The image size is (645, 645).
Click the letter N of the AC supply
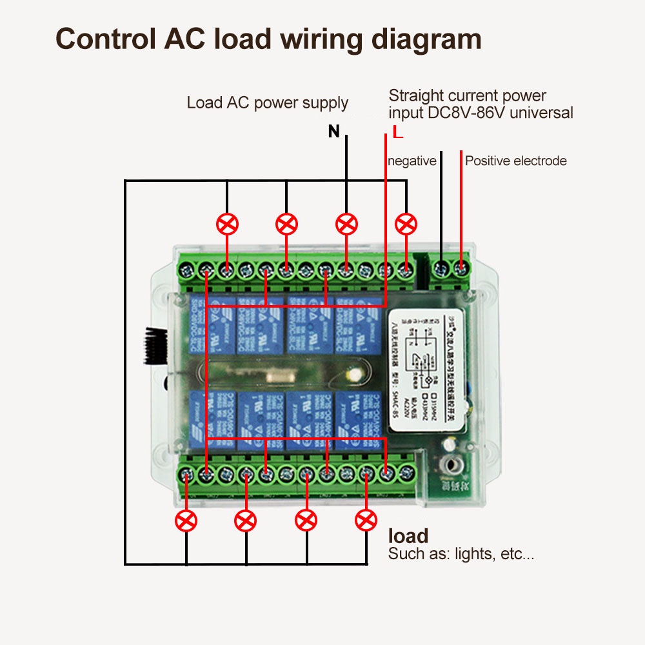click(x=333, y=132)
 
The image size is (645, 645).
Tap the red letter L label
click(x=397, y=134)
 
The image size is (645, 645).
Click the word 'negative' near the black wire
click(x=412, y=161)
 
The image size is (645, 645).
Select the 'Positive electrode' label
click(x=516, y=161)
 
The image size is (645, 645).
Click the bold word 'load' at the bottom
click(x=408, y=535)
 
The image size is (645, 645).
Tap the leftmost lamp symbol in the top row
click(x=227, y=224)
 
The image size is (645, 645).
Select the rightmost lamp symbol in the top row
click(x=406, y=224)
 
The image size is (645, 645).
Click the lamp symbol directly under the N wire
click(x=347, y=224)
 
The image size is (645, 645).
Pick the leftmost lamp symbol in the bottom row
click(x=186, y=520)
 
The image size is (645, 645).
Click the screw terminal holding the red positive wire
click(x=461, y=267)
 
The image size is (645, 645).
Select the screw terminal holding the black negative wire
click(x=441, y=267)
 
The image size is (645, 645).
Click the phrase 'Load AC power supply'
click(x=267, y=103)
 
